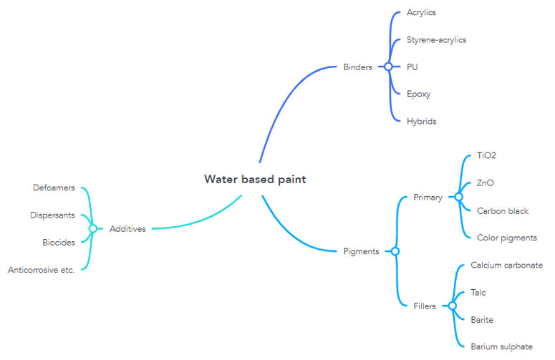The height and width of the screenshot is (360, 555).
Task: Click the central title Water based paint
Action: pos(254,179)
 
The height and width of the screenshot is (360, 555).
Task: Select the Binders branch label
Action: pos(357,67)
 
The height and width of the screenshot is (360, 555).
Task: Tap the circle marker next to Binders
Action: pos(388,67)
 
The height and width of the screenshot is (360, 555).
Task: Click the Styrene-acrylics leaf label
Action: pos(436,40)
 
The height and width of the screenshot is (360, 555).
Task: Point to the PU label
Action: pos(412,67)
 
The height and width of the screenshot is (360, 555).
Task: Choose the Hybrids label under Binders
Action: pos(421,121)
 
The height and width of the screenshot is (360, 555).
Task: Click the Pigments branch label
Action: pos(361,251)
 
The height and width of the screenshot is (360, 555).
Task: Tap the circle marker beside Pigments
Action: pos(395,251)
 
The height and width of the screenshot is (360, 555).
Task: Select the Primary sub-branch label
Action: pos(428,197)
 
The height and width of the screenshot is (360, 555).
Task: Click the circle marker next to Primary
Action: pos(458,197)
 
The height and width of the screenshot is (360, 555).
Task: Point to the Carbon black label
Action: pos(503,210)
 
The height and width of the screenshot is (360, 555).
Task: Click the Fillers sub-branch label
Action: pos(425,306)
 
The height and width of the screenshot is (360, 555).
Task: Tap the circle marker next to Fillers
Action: pos(452,306)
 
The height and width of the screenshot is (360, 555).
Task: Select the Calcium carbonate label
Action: pos(506,266)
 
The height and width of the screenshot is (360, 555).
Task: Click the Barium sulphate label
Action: pos(501,346)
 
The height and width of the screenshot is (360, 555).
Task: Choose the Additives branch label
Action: pos(127,228)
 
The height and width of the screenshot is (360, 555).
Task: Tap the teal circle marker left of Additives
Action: pos(92,228)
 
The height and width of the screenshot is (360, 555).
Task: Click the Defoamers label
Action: pos(54,188)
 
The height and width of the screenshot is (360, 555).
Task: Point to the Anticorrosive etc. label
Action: pos(41,270)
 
